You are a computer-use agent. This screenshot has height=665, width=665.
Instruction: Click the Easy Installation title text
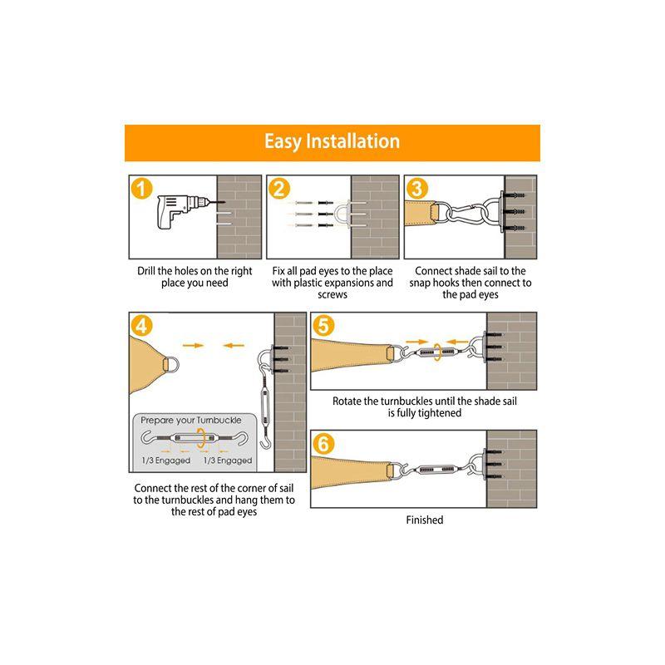coord(332,141)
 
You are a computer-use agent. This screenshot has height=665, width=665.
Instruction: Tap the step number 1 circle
coord(142,189)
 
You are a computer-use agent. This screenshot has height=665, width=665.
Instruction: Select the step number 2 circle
coord(280,189)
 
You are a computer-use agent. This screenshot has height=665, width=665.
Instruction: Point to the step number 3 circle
coord(418,189)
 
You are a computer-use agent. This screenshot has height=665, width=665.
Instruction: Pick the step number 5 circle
coord(324,326)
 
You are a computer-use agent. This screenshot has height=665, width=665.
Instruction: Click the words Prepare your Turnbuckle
coord(190,421)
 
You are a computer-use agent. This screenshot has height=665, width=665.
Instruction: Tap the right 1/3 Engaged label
coord(228,461)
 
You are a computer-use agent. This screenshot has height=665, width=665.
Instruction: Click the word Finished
coord(424,520)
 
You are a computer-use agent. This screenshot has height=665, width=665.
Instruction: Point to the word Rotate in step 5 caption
coord(349,401)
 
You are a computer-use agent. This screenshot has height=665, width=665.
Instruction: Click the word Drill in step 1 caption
coord(150,271)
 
